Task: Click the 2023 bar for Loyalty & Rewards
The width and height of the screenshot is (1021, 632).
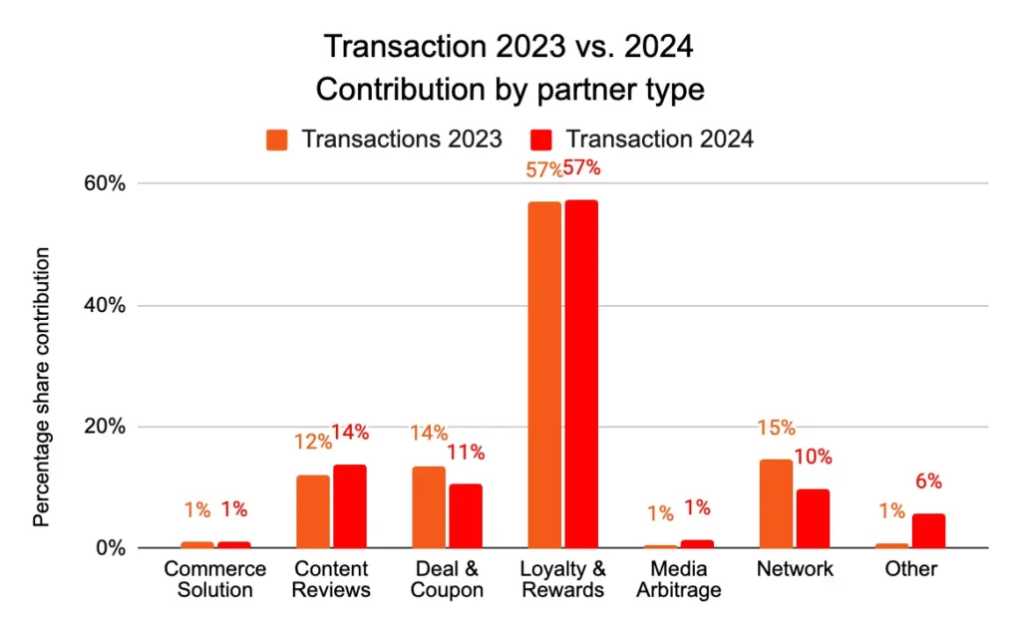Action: (x=544, y=374)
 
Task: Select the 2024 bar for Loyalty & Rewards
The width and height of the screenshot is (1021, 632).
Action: (x=581, y=374)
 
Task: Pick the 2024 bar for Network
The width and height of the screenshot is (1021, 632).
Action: (x=813, y=518)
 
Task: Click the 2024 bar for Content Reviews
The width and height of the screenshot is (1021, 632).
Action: (x=350, y=506)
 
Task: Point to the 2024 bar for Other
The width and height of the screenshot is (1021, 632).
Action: (x=928, y=530)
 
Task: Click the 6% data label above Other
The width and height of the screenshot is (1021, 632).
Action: (x=928, y=481)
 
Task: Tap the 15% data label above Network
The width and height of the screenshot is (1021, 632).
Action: (x=776, y=429)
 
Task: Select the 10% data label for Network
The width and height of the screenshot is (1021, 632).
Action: (x=814, y=458)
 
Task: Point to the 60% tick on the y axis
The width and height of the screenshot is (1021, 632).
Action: (x=104, y=184)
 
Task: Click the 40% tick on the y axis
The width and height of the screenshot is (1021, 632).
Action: (x=104, y=306)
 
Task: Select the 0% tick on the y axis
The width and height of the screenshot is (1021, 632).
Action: (x=110, y=548)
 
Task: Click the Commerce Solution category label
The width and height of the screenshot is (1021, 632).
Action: (x=215, y=579)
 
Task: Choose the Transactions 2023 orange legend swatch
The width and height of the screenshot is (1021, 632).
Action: (x=278, y=139)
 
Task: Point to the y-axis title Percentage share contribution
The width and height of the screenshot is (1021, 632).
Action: (x=41, y=388)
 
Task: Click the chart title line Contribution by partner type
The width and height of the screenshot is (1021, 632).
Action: (x=510, y=90)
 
